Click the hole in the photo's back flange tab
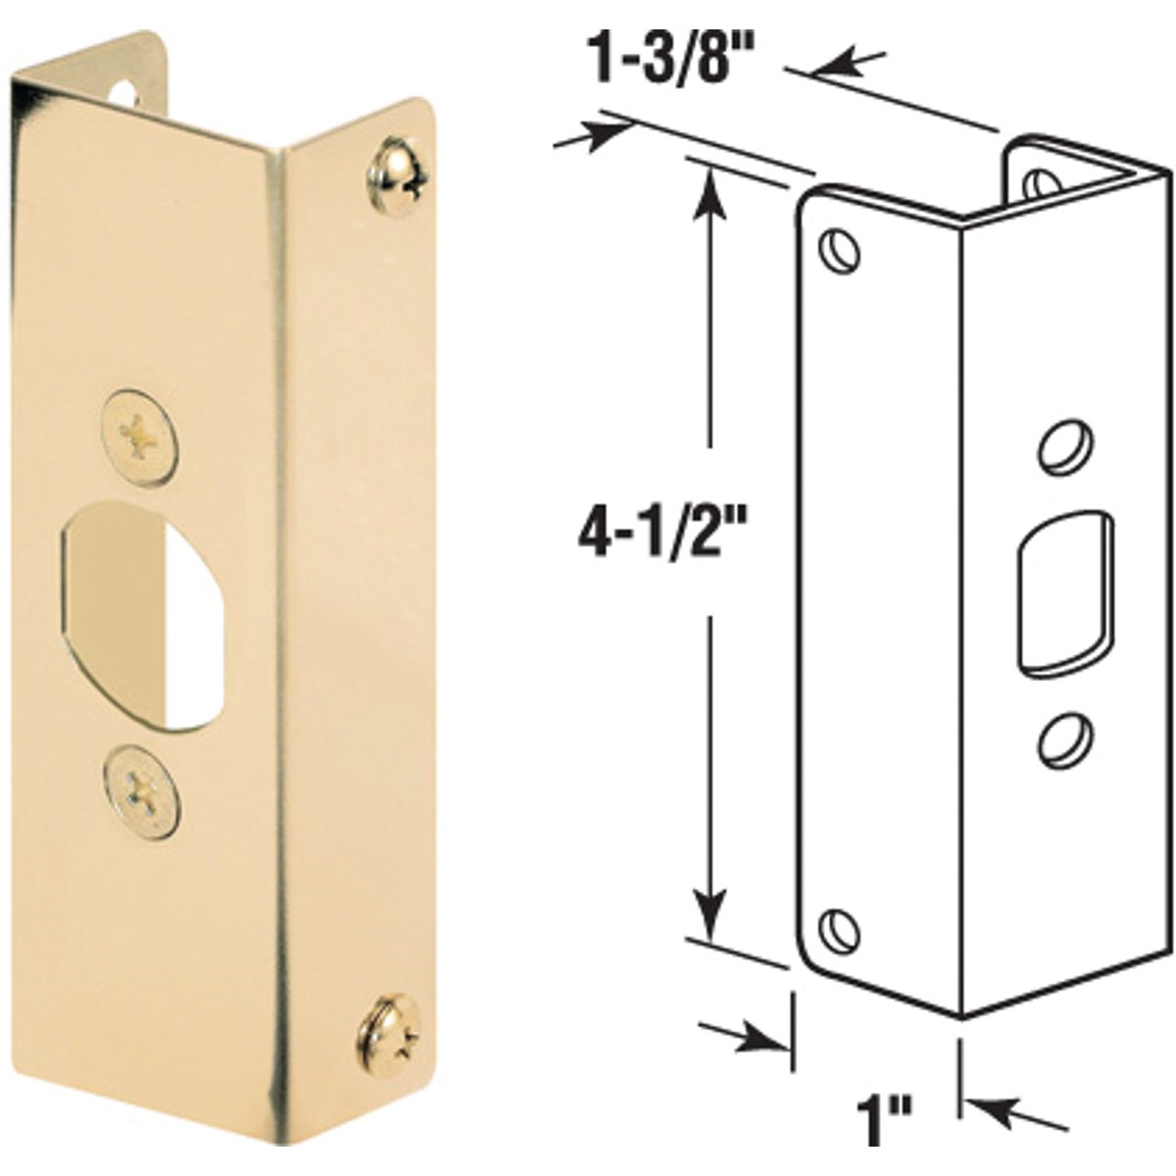(x=124, y=90)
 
